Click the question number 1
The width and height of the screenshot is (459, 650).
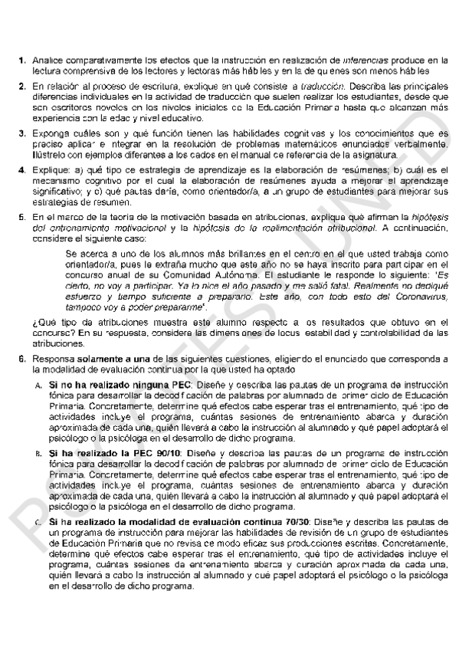(x=23, y=59)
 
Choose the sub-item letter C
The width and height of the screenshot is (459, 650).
(x=38, y=521)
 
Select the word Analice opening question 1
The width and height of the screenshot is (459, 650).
(x=48, y=59)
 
